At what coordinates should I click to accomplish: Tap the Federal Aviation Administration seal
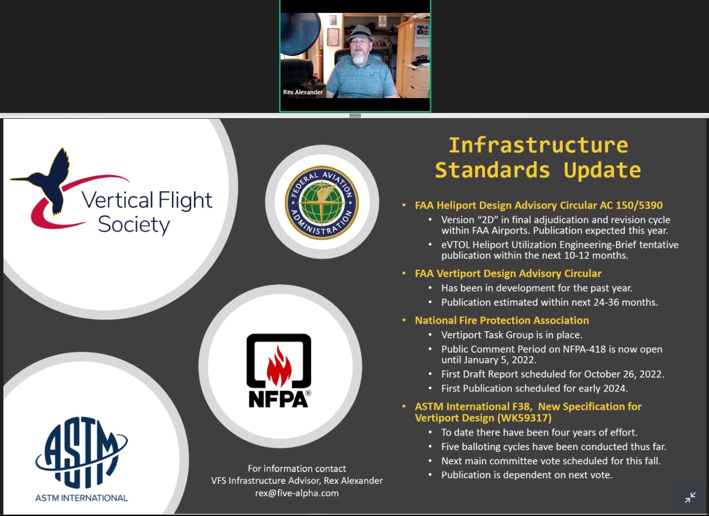322,202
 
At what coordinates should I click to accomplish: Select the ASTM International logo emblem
81,453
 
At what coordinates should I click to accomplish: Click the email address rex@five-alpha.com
297,493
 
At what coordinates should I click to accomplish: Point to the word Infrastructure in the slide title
539,146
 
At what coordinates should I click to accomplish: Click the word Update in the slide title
602,170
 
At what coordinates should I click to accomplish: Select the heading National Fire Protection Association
502,320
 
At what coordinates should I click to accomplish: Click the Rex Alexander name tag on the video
303,92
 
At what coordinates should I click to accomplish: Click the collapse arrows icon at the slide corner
690,498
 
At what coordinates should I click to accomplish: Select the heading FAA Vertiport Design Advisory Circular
508,273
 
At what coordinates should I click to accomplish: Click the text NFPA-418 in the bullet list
585,349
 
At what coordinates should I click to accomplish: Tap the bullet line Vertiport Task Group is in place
512,335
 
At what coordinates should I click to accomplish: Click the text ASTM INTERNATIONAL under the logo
81,498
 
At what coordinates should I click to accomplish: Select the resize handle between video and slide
355,115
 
